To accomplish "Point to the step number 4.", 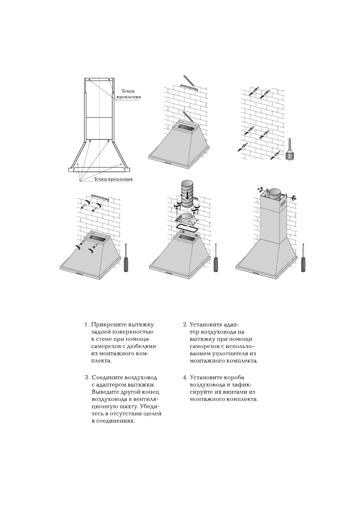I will [x=185, y=378].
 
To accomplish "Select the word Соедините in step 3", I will [x=107, y=378].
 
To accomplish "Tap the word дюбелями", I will [x=142, y=346].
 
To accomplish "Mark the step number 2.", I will [x=185, y=325].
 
